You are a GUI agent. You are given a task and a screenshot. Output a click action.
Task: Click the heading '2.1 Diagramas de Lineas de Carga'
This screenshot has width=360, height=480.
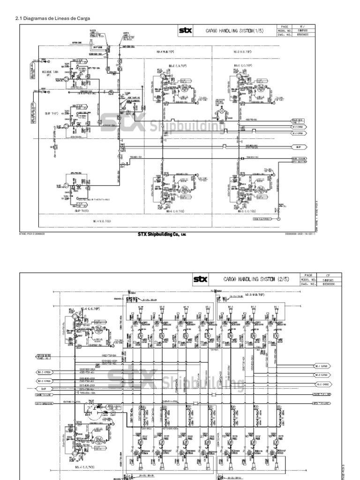click(x=52, y=18)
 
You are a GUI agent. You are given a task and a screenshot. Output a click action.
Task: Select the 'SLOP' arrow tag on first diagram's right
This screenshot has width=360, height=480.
click(x=298, y=147)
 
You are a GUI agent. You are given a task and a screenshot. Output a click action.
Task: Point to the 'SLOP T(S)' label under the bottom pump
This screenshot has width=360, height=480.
click(x=81, y=210)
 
